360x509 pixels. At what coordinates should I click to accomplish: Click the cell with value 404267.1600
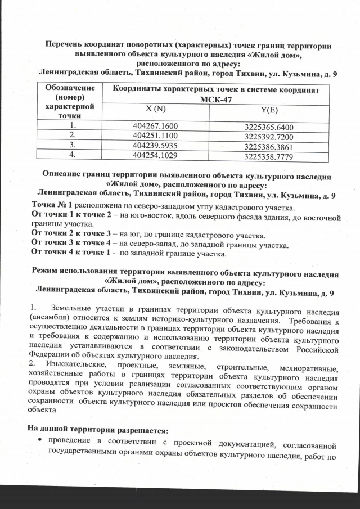tap(155, 127)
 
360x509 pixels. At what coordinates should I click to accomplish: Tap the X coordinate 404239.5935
tap(155, 145)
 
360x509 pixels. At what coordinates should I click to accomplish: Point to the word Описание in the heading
tap(66, 175)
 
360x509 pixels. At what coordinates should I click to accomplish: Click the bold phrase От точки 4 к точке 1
tap(70, 254)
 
